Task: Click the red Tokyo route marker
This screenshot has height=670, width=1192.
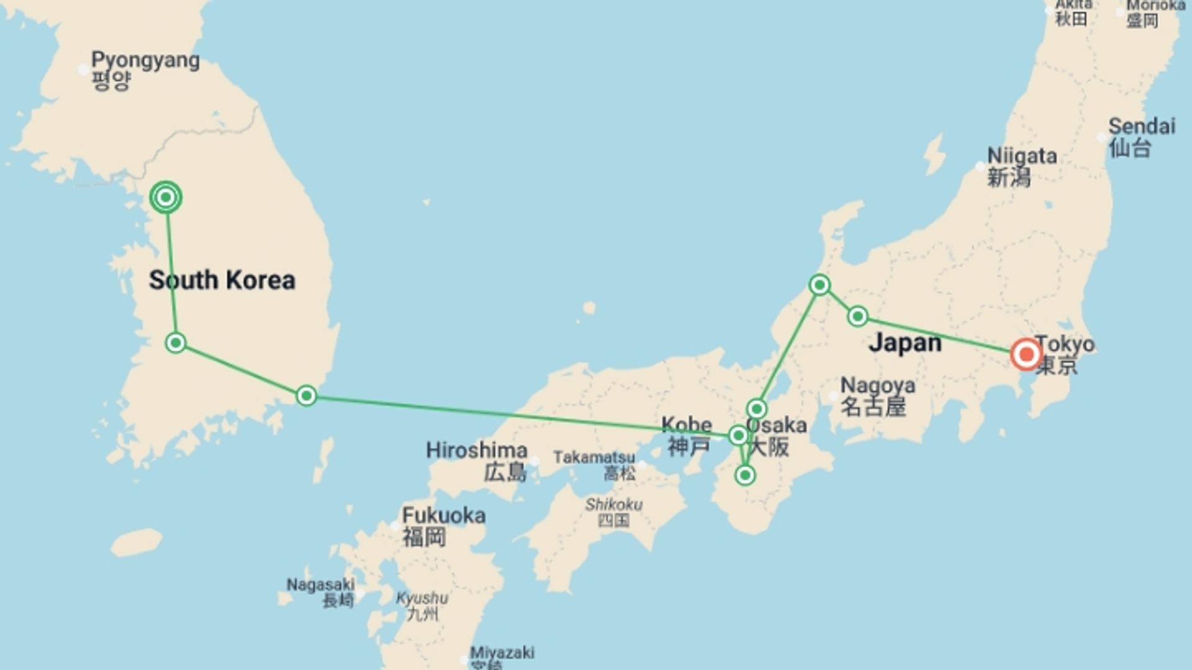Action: [x=1026, y=354]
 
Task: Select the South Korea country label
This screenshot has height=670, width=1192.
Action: [x=222, y=280]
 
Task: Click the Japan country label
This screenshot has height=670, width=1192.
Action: [x=905, y=342]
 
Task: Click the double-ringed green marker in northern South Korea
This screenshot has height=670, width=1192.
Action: [x=166, y=198]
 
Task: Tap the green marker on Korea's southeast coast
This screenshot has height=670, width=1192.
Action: [x=306, y=396]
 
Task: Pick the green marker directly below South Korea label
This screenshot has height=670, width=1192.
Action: [x=176, y=342]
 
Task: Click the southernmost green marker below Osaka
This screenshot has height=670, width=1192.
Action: [x=745, y=476]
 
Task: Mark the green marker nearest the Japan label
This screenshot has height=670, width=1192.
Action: [x=857, y=316]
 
